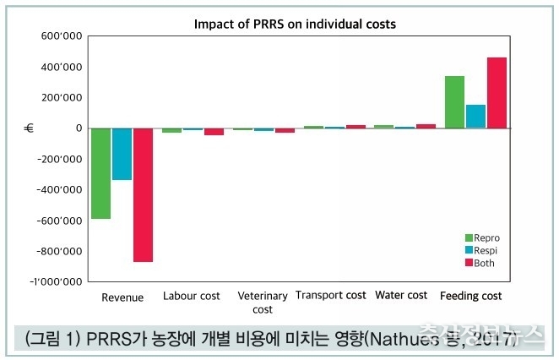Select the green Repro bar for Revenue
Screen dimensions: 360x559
pyautogui.click(x=101, y=173)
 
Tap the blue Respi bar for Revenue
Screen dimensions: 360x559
pyautogui.click(x=122, y=154)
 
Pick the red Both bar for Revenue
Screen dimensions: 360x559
pyautogui.click(x=144, y=194)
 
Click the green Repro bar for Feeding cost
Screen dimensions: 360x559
pyautogui.click(x=454, y=102)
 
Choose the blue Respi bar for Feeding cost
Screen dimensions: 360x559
pyautogui.click(x=475, y=117)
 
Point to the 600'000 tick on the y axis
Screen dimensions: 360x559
pyautogui.click(x=59, y=36)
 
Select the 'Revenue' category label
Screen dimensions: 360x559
pyautogui.click(x=122, y=297)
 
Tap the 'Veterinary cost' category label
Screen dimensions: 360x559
pyautogui.click(x=263, y=303)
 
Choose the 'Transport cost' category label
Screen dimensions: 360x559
pyautogui.click(x=331, y=296)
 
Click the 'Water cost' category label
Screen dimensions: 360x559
pyautogui.click(x=401, y=296)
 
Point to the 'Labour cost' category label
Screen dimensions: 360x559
pyautogui.click(x=192, y=296)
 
